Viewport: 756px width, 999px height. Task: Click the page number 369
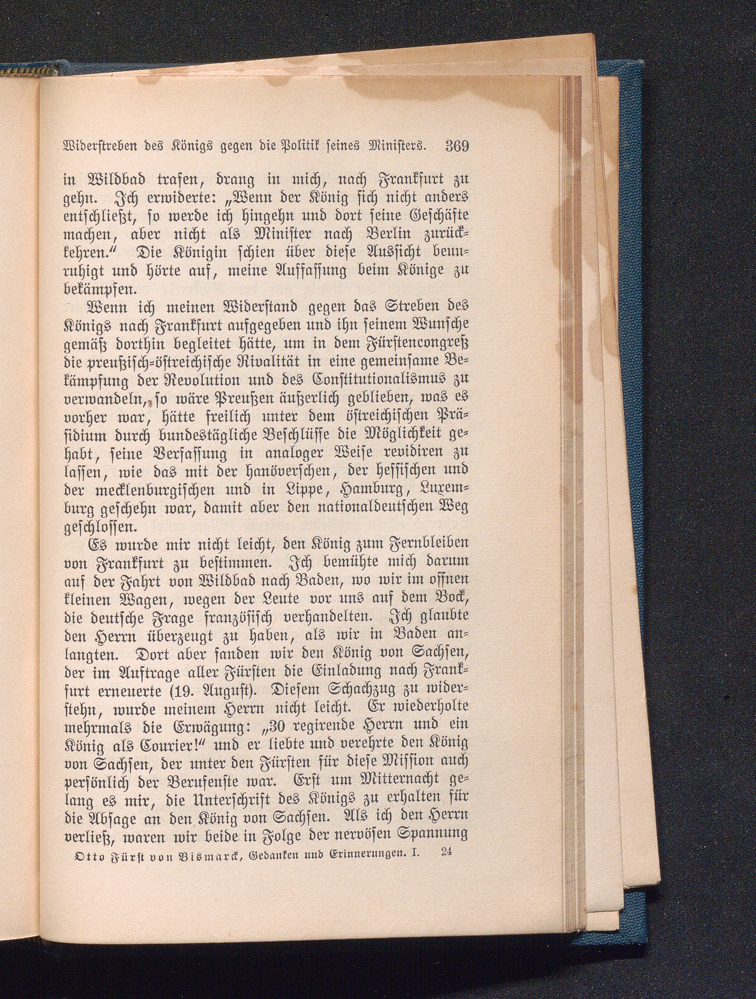(457, 146)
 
